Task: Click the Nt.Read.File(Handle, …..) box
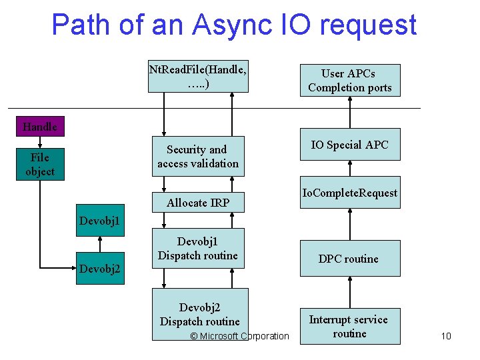(198, 76)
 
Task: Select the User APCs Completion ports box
(349, 80)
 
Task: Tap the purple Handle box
(39, 126)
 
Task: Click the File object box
(40, 164)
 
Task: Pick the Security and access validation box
(198, 157)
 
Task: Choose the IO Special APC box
(349, 145)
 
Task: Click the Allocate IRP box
(198, 202)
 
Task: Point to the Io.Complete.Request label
(349, 193)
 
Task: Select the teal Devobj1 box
(100, 220)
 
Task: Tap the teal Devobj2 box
(100, 268)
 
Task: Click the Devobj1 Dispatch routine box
(198, 248)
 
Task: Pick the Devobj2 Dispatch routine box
(199, 314)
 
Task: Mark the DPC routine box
(349, 259)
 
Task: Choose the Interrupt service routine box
(349, 326)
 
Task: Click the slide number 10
(446, 336)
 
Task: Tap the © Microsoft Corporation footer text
(239, 336)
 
